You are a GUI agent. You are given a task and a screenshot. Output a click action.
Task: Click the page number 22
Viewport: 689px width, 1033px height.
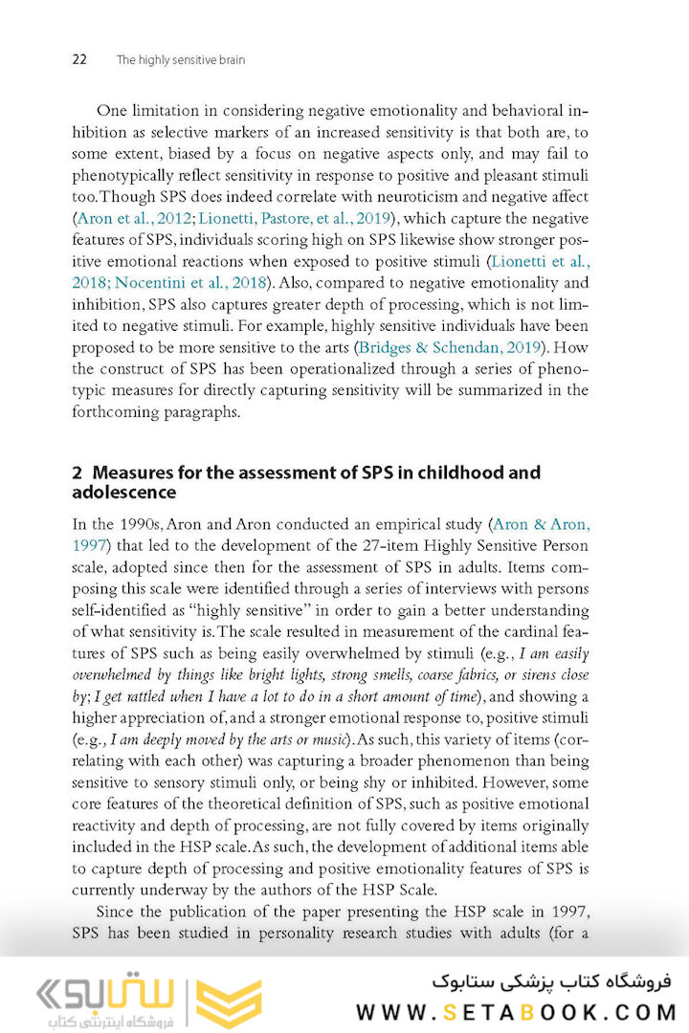click(79, 59)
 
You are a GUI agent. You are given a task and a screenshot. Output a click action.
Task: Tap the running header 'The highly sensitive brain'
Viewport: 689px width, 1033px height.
click(180, 59)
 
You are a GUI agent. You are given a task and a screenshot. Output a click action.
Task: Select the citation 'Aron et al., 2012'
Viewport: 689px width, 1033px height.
click(133, 218)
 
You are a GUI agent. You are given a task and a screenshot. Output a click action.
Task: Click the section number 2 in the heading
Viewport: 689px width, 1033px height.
click(78, 473)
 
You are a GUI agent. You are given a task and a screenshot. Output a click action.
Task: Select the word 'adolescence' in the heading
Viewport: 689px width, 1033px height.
click(124, 493)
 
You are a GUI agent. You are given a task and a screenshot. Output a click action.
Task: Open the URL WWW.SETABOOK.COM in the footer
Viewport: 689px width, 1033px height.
click(517, 1012)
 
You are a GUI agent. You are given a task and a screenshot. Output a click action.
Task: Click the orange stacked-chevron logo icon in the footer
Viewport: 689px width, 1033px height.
click(228, 1000)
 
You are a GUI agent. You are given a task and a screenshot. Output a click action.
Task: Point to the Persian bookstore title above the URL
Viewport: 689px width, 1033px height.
click(552, 981)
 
